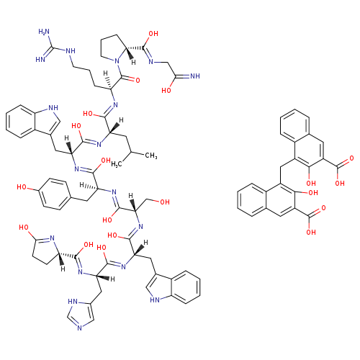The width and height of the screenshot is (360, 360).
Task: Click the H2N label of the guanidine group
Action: point(44,32)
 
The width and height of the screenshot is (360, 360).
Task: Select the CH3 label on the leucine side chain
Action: point(151,156)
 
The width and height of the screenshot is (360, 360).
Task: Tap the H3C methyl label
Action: point(117,164)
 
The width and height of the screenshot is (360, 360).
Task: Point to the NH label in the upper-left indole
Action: point(53,108)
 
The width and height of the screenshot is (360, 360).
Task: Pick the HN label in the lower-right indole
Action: point(155,300)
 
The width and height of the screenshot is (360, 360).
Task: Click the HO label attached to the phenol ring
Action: point(22,187)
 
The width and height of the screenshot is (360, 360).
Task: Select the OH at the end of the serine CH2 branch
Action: point(165,202)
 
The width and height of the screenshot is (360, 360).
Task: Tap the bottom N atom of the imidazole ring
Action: point(80,328)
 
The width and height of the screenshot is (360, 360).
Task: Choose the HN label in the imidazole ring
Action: point(73,302)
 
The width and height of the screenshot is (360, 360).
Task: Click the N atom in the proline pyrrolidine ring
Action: point(117,61)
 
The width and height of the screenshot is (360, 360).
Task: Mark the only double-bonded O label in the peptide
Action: point(138,80)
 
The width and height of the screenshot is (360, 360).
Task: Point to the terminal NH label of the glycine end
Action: point(195,76)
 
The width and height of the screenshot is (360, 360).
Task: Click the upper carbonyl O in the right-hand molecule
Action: point(351,158)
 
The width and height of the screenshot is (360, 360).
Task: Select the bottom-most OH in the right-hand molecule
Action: point(311,232)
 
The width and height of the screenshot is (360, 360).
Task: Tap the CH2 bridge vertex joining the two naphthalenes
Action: point(280,167)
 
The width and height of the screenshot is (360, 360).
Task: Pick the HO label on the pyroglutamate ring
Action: point(24,227)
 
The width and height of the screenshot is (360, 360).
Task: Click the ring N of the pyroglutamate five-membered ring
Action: point(52,238)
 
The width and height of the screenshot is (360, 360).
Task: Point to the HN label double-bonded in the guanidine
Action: point(40,59)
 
